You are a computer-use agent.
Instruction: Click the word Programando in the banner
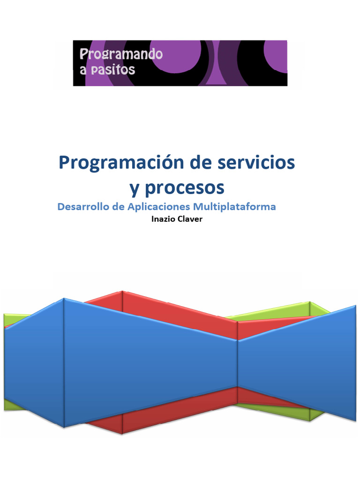121,55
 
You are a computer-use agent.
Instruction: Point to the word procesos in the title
184,188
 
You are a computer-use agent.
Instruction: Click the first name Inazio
163,219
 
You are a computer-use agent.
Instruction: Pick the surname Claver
190,219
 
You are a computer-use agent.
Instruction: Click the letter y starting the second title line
135,189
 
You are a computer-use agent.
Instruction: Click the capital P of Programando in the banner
83,54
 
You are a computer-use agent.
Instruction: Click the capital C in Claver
180,219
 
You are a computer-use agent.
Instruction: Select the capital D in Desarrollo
60,206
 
